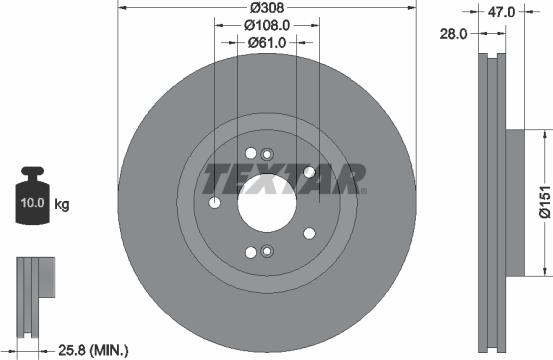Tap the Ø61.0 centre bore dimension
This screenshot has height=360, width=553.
coord(267,42)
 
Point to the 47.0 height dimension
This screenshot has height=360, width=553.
coord(500,12)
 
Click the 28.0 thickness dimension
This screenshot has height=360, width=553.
coord(454,33)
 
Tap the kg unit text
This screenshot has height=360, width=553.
coord(62,205)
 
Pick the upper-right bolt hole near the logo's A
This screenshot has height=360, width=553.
coord(310,173)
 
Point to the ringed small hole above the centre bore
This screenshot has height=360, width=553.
coord(267,153)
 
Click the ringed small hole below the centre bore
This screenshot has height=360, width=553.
coord(267,252)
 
